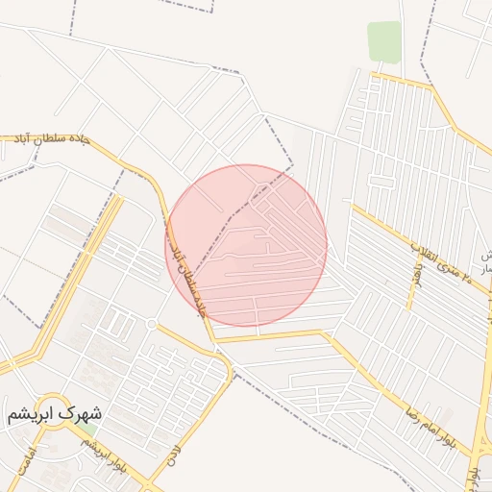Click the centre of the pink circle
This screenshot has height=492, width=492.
click(x=246, y=245)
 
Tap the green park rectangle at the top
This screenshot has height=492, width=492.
click(x=384, y=41)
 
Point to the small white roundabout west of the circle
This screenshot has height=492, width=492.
click(x=151, y=325)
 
